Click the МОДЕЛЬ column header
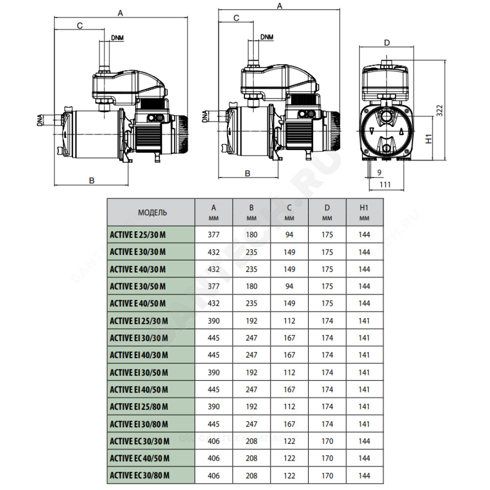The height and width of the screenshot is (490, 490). pyautogui.click(x=152, y=213)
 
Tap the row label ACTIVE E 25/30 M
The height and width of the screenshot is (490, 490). pyautogui.click(x=138, y=235)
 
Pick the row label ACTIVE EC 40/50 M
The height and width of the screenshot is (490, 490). pyautogui.click(x=140, y=459)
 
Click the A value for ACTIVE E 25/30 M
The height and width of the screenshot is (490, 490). pyautogui.click(x=214, y=235)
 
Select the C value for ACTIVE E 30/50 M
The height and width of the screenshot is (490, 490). pyautogui.click(x=290, y=286)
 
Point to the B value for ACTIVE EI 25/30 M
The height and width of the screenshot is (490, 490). pyautogui.click(x=251, y=321)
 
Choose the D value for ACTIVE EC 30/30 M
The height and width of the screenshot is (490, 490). pyautogui.click(x=327, y=441)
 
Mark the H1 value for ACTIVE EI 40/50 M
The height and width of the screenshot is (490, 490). pyautogui.click(x=365, y=390)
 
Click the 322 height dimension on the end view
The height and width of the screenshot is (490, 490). pyautogui.click(x=440, y=111)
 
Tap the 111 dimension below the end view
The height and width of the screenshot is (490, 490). pyautogui.click(x=385, y=185)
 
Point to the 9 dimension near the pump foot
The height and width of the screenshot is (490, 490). pyautogui.click(x=379, y=172)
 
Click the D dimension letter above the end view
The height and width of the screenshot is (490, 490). pyautogui.click(x=387, y=43)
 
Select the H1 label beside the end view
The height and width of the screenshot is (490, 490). pyautogui.click(x=429, y=139)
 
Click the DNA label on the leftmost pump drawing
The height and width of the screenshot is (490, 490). pyautogui.click(x=40, y=121)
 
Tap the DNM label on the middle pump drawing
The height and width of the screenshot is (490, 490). pyautogui.click(x=267, y=37)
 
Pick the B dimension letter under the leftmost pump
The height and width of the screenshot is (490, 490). pyautogui.click(x=92, y=181)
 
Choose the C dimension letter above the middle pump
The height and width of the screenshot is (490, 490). pyautogui.click(x=236, y=18)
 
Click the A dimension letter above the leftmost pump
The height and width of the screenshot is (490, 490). pyautogui.click(x=121, y=13)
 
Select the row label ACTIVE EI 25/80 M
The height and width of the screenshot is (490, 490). pyautogui.click(x=139, y=407)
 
